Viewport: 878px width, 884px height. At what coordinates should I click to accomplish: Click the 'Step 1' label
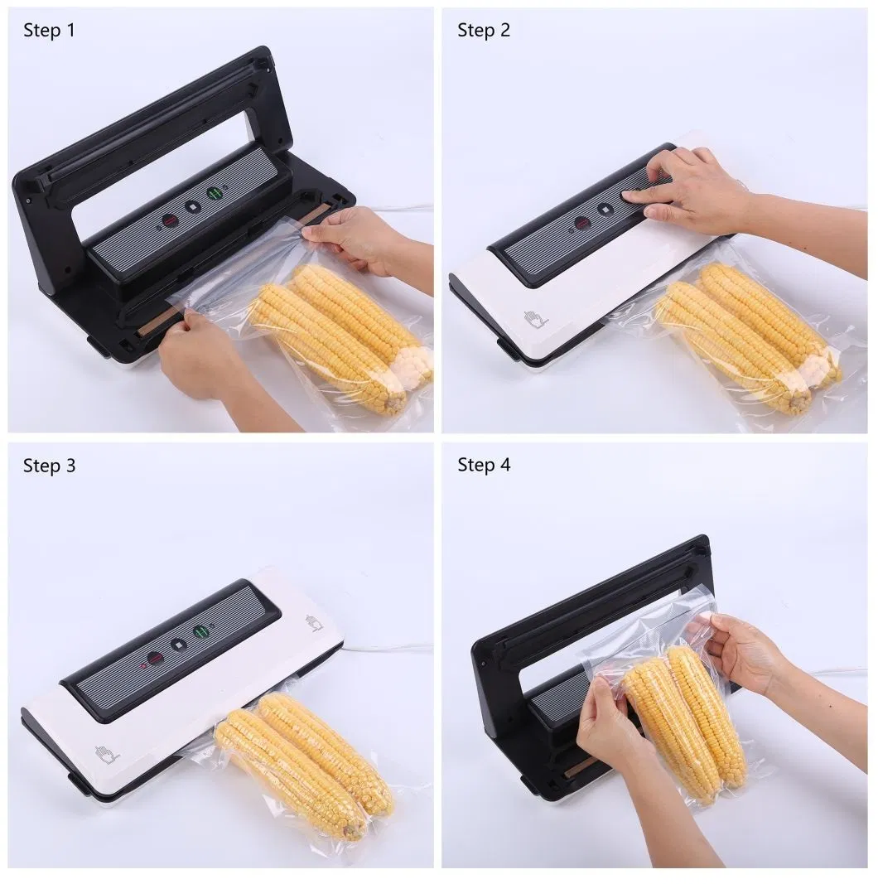[x=49, y=31]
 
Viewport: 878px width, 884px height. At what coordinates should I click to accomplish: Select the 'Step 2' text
[x=484, y=31]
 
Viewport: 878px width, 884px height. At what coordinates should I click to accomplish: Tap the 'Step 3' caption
[x=49, y=466]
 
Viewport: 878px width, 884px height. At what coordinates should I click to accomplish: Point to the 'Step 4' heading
[x=484, y=465]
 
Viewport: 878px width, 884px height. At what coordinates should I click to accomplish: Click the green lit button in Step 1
[x=215, y=194]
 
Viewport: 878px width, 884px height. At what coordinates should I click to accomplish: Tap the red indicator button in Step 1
[x=168, y=220]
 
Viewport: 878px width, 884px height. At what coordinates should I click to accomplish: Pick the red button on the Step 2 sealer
[x=582, y=224]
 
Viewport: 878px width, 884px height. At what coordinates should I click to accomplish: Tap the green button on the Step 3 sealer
[x=200, y=632]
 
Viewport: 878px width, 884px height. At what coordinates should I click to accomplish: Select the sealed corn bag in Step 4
[x=679, y=721]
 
